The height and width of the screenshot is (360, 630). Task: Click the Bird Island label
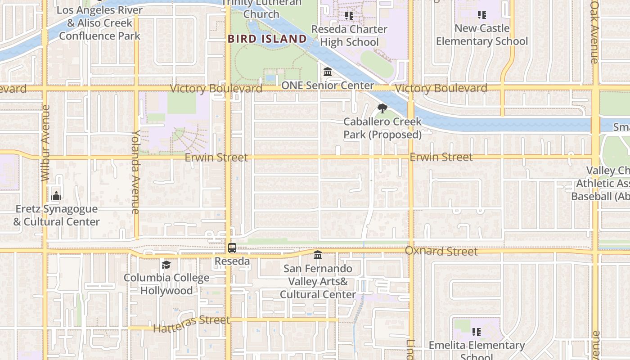click(267, 39)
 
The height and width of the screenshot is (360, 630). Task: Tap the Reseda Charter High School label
click(350, 36)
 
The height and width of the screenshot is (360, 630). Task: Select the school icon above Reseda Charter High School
click(349, 16)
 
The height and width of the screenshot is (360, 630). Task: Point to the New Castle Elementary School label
click(482, 35)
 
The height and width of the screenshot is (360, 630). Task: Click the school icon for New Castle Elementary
click(482, 15)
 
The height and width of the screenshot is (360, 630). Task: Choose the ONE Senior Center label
click(328, 85)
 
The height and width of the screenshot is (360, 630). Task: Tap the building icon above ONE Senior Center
click(328, 72)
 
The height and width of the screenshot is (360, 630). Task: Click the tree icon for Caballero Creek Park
click(382, 108)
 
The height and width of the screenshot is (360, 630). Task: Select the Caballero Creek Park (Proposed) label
click(382, 128)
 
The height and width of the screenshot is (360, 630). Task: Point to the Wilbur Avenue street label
click(45, 143)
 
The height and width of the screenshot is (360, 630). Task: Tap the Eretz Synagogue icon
click(56, 196)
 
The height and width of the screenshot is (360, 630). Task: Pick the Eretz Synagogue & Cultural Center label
click(56, 215)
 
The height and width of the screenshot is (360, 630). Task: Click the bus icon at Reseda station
click(232, 247)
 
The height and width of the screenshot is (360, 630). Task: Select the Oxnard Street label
click(441, 251)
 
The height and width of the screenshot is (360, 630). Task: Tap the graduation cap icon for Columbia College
click(166, 265)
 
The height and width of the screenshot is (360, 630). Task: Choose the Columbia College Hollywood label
click(166, 284)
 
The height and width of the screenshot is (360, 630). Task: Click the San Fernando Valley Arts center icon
click(318, 255)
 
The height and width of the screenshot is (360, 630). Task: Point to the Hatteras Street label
click(191, 324)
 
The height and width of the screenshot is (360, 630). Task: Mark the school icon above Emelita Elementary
click(477, 332)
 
